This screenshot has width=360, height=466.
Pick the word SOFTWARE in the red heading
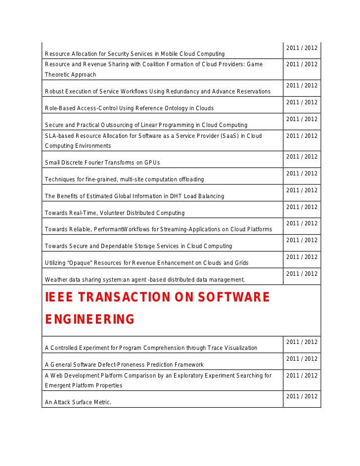(231, 297)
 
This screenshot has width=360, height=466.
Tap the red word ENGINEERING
(90, 320)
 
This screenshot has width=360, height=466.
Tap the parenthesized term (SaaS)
(233, 136)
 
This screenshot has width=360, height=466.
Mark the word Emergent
(58, 385)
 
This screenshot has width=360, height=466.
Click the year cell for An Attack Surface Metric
(302, 396)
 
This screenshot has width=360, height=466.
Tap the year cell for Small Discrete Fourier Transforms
(302, 157)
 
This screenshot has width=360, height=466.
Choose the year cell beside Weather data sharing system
(302, 274)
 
